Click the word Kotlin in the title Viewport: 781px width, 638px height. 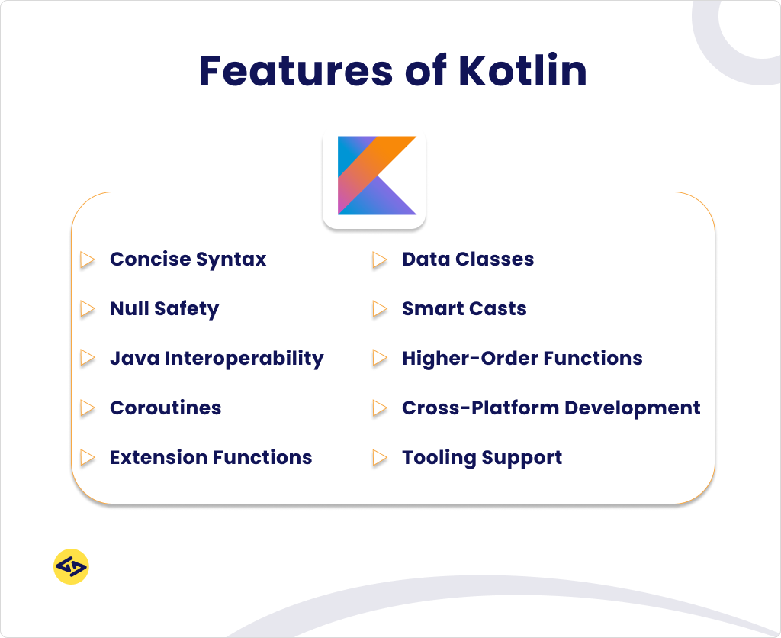tap(523, 70)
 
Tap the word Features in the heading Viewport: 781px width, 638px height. tap(296, 70)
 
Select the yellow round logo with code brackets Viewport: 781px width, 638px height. tap(71, 567)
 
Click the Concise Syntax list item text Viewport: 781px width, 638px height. tap(188, 259)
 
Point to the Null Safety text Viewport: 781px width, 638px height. tap(165, 308)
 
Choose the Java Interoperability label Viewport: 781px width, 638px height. tap(217, 359)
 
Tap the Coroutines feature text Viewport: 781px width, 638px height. tap(166, 408)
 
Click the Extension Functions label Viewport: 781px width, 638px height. tap(211, 458)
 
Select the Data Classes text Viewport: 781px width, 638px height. tap(468, 259)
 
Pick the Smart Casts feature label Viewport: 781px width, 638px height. tap(464, 308)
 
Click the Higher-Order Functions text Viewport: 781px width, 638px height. tap(522, 359)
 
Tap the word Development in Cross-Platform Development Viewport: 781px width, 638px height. tap(632, 408)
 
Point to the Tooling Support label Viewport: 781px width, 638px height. tap(482, 458)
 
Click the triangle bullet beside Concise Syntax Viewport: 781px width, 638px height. tap(88, 259)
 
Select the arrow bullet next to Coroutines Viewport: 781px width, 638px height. tap(88, 408)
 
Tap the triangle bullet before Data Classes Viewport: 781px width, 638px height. tap(380, 259)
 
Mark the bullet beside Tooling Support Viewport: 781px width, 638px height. tap(380, 458)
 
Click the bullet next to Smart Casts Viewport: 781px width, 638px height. tap(380, 309)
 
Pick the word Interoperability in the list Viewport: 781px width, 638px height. tap(245, 359)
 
